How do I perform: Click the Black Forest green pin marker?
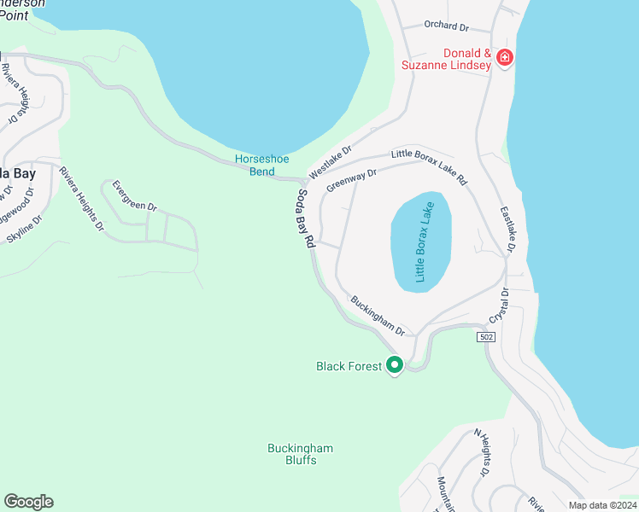(x=395, y=365)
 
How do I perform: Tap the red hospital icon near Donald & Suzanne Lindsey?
(x=505, y=58)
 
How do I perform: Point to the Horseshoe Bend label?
(x=255, y=166)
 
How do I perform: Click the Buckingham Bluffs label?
(x=300, y=454)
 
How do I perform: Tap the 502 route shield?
(x=485, y=338)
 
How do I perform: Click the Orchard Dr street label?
(x=447, y=26)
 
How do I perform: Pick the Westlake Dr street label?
(x=331, y=161)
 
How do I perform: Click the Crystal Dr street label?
(x=499, y=305)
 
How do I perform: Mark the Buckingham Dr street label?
(x=377, y=315)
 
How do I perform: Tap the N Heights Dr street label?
(x=481, y=452)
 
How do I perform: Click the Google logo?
(x=28, y=502)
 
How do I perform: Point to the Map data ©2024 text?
(x=602, y=505)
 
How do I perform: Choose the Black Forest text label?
(x=349, y=366)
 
